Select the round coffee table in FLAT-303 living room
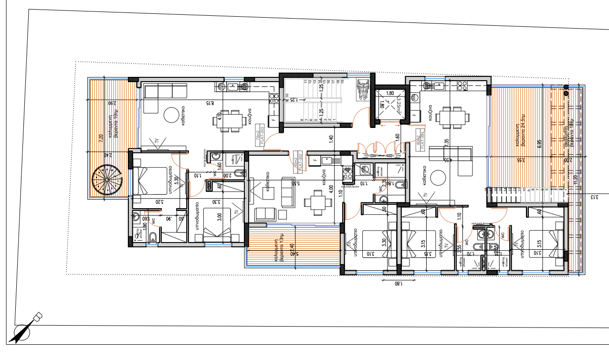171,115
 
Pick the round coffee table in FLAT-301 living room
438,178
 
